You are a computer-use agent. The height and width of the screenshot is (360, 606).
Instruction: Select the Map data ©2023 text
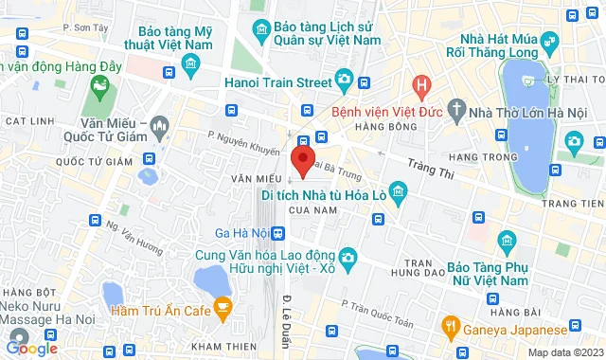click(563, 352)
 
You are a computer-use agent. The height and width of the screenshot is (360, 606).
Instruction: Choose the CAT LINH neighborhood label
click(27, 121)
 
